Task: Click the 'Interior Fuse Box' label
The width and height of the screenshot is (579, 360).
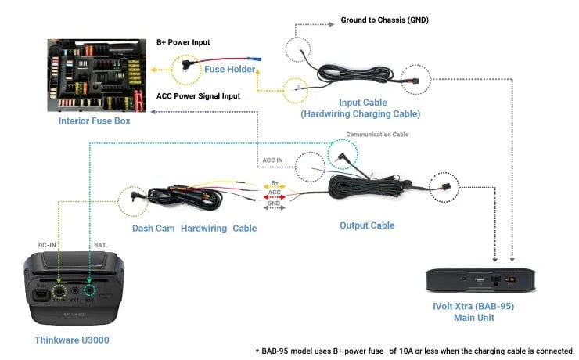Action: (x=94, y=121)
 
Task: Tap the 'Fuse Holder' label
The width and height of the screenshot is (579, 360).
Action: (x=230, y=70)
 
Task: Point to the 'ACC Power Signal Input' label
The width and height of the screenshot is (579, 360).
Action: (x=198, y=96)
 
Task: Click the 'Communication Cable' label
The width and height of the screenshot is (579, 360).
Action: (x=377, y=135)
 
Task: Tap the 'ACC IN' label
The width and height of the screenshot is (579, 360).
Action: (x=272, y=160)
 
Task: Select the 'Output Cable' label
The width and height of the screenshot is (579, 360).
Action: (x=367, y=225)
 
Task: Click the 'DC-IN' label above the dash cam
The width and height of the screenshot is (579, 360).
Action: (x=49, y=245)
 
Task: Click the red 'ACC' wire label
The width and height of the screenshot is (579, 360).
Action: (x=274, y=192)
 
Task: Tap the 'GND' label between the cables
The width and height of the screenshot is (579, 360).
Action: (x=274, y=202)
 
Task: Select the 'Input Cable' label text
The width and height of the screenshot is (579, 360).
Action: (x=361, y=103)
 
